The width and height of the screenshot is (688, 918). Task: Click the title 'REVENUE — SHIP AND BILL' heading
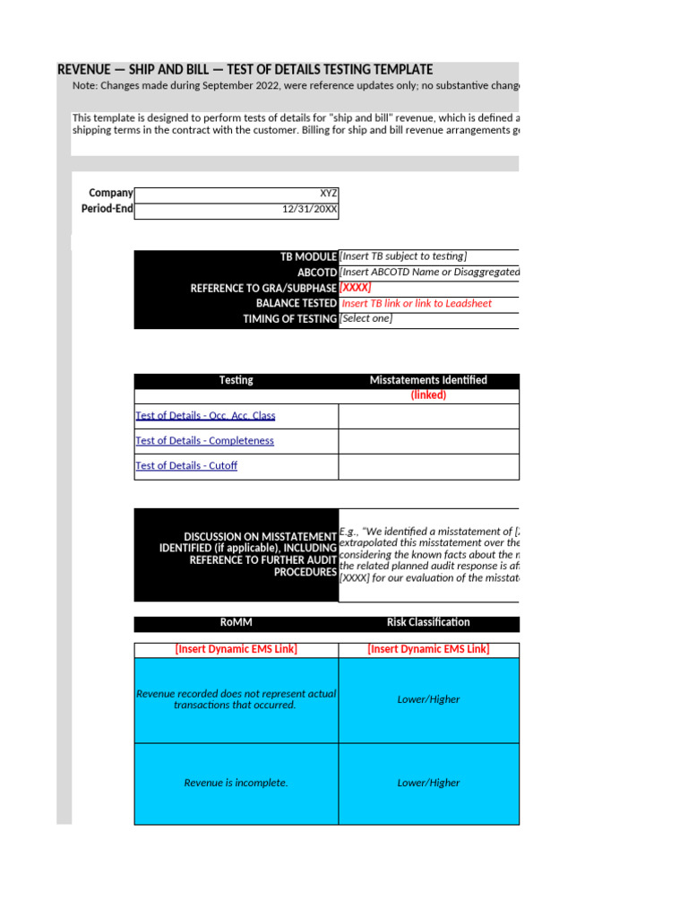point(245,70)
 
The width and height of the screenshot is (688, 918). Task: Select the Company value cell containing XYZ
point(236,194)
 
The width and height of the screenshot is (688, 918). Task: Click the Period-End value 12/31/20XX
point(236,210)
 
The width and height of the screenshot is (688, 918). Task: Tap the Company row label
point(110,194)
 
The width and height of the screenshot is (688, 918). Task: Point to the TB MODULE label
point(308,257)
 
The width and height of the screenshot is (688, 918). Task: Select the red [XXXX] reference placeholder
point(356,288)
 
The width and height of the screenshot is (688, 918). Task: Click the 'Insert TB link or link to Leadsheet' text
point(417,304)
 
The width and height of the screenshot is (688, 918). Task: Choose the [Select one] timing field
point(365,319)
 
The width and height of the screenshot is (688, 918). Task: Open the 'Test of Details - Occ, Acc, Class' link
point(205,416)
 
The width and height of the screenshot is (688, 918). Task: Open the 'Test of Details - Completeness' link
point(204,441)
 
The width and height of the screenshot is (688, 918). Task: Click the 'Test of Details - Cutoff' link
point(186,466)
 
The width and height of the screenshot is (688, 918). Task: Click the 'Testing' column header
point(236,380)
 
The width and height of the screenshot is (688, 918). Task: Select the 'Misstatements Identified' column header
point(428,380)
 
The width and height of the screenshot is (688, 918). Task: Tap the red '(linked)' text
point(428,395)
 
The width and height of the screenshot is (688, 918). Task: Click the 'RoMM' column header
point(236,622)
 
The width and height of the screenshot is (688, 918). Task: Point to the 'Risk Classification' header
point(428,622)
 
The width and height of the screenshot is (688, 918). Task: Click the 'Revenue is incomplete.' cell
point(236,783)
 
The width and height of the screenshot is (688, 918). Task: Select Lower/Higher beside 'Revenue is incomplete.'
point(428,783)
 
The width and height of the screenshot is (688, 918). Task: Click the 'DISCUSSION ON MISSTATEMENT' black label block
point(236,554)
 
